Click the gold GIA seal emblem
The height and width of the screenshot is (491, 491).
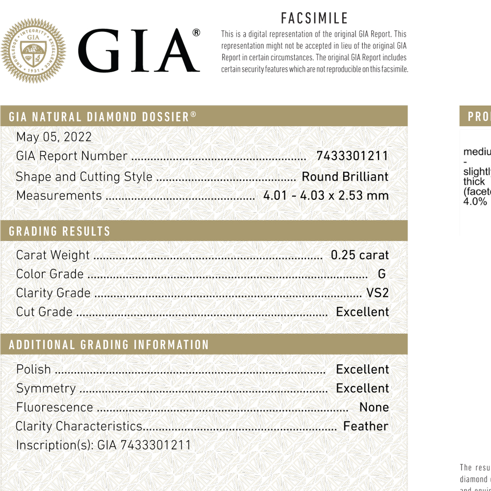coord(33,51)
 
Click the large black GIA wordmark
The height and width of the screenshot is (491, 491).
coord(139,51)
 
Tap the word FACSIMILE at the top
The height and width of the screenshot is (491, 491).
coord(314,18)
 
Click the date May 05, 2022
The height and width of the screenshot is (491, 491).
coord(54,137)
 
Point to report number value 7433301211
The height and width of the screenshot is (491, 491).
coord(352,156)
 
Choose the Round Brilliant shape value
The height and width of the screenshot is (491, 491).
coord(345,177)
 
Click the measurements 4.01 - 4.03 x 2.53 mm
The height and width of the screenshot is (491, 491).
coord(326,195)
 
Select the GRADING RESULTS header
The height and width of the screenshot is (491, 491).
coord(59,231)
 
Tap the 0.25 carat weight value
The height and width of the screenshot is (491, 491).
coord(359,255)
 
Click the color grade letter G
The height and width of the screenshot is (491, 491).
coord(382,274)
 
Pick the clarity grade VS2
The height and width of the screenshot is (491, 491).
coord(377,293)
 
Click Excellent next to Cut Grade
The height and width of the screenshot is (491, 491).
coord(362,312)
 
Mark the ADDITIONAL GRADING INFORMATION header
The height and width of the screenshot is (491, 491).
coord(109,345)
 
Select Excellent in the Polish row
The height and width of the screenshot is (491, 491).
coord(362,369)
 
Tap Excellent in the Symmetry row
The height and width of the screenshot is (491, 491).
coord(362,388)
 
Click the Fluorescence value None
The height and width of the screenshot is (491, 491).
coord(374,408)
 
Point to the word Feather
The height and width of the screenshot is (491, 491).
coord(365,426)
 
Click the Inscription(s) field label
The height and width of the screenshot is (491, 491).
coord(55,445)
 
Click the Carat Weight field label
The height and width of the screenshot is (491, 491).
coord(53,255)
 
